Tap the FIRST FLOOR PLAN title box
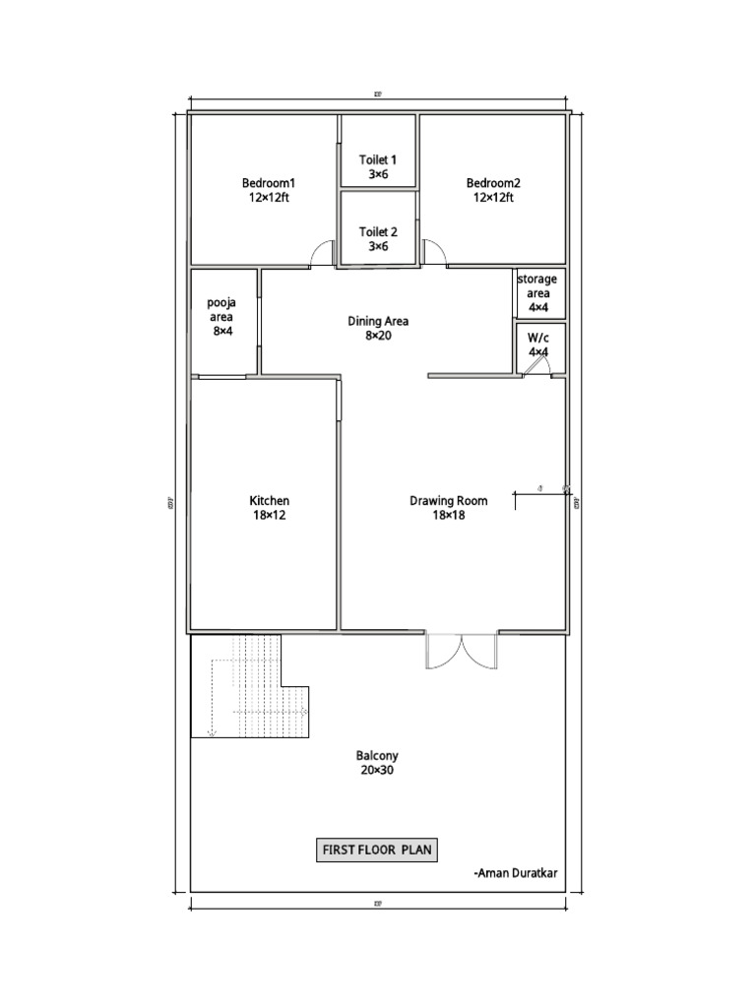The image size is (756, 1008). click(377, 850)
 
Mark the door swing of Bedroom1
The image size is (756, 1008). click(322, 255)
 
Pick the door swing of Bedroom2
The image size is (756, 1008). click(433, 253)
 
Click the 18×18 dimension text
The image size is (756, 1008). click(449, 515)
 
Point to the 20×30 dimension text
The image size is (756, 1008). click(377, 771)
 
